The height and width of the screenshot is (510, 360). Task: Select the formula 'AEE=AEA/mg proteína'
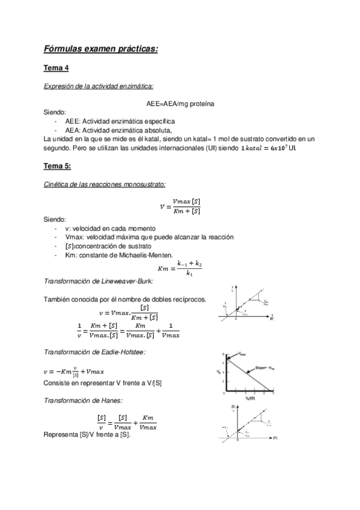pyautogui.click(x=180, y=103)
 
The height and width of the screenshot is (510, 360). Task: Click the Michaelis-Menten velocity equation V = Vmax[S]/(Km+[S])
pyautogui.click(x=180, y=206)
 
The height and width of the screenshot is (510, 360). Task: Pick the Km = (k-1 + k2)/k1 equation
pyautogui.click(x=180, y=269)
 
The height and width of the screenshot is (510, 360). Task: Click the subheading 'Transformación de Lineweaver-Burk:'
pyautogui.click(x=99, y=281)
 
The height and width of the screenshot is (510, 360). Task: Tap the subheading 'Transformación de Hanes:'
pyautogui.click(x=84, y=400)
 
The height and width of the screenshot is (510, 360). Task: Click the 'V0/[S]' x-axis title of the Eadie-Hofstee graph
pyautogui.click(x=248, y=398)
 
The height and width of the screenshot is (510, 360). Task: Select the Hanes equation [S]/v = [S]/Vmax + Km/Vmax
pyautogui.click(x=127, y=421)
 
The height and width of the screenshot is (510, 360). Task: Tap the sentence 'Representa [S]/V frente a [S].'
pyautogui.click(x=88, y=435)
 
